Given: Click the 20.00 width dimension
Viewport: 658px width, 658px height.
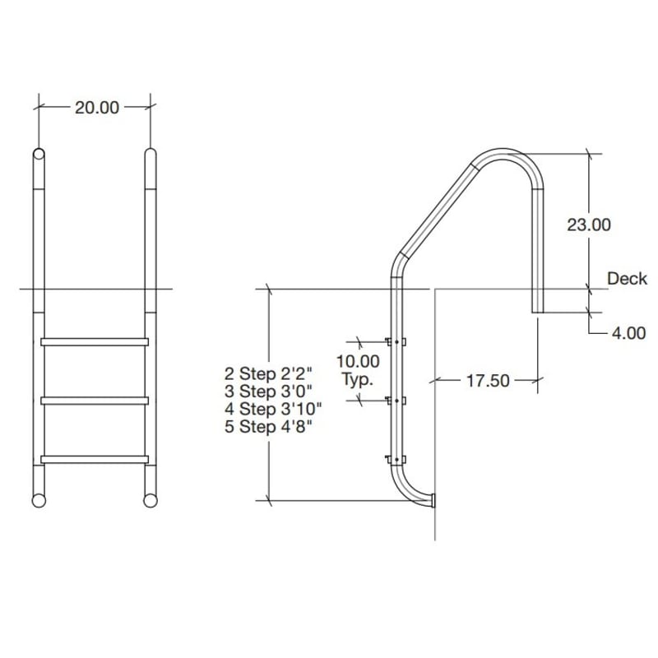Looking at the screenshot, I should point(97,108).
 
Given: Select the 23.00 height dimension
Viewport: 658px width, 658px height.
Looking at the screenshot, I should point(589,224).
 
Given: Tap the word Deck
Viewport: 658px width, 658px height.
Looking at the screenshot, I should point(627,279).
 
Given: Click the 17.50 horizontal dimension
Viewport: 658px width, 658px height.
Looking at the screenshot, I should point(488,381).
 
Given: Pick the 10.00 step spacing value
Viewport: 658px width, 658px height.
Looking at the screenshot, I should point(358,360).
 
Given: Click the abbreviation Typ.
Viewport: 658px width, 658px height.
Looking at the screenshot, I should point(357,380).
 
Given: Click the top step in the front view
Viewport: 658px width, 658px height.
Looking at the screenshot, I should point(94,341).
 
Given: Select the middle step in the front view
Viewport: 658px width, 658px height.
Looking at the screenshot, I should point(94,401).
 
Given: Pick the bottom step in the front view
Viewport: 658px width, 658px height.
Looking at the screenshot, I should point(94,459).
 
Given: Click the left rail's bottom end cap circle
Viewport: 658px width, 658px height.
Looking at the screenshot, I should point(39,499).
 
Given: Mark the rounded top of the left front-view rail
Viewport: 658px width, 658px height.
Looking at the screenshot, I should point(39,155).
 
